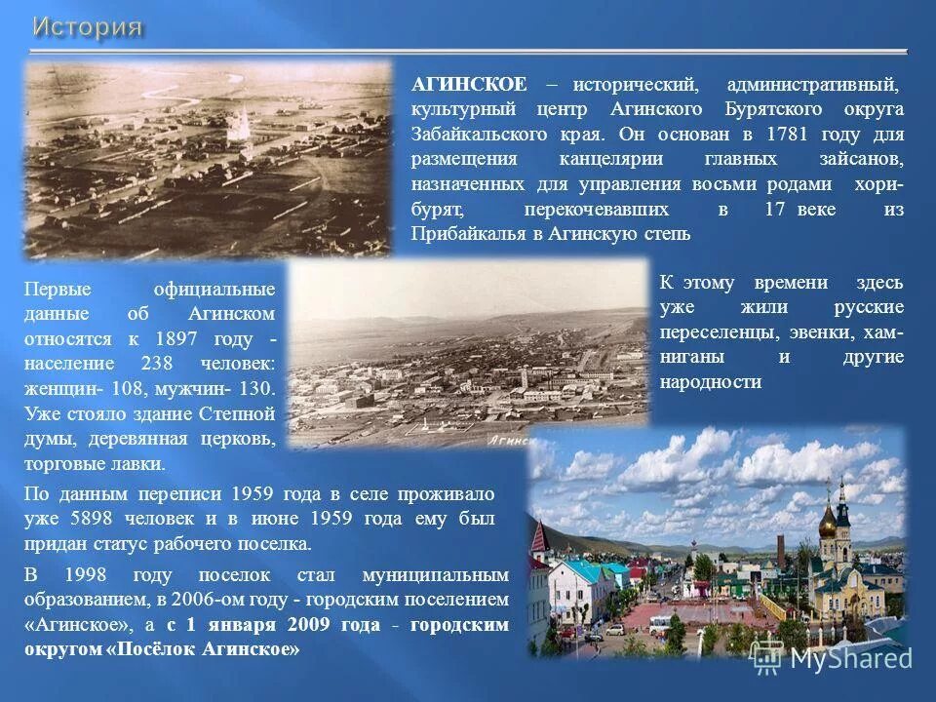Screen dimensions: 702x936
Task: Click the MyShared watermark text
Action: point(849,658)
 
